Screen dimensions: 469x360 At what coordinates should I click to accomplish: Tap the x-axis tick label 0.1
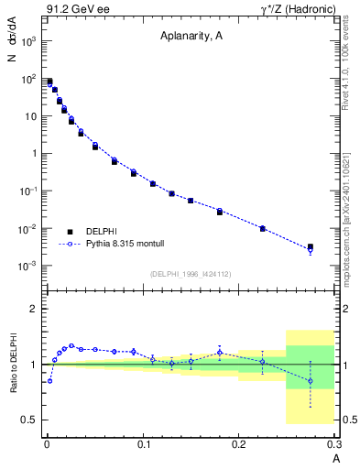[143, 443]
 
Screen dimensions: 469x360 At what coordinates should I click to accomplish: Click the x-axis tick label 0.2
[239, 443]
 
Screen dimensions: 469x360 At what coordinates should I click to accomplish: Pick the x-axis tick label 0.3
[333, 443]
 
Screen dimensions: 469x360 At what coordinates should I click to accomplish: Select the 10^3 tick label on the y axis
[28, 42]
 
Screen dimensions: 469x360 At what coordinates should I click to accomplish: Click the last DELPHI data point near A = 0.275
[311, 247]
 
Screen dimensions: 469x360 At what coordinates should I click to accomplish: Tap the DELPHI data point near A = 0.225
[263, 228]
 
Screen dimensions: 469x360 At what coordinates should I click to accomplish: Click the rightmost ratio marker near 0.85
[311, 381]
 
